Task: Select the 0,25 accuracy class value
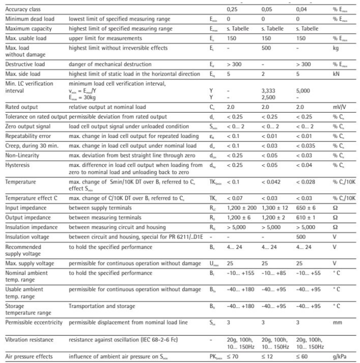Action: tap(231, 9)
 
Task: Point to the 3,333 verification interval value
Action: tap(268, 91)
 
